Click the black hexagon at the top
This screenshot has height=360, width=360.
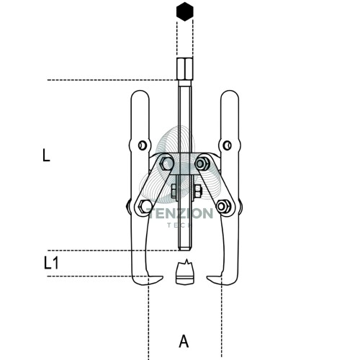click(185, 12)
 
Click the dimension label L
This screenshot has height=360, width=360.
click(46, 156)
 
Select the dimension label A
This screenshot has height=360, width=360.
click(184, 341)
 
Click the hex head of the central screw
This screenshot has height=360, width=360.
click(184, 69)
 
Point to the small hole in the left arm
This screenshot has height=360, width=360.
click(143, 145)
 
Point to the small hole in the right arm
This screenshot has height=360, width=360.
click(227, 145)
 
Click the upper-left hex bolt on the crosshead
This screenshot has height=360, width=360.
click(166, 163)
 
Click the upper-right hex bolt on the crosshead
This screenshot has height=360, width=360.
click(202, 163)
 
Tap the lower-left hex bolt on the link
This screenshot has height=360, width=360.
click(145, 207)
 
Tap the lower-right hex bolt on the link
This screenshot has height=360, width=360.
click(224, 207)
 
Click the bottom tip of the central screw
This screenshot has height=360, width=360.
click(185, 250)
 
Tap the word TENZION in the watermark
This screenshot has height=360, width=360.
click(179, 214)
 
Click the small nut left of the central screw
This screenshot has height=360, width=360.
click(174, 191)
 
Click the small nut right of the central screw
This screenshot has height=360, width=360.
click(197, 191)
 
